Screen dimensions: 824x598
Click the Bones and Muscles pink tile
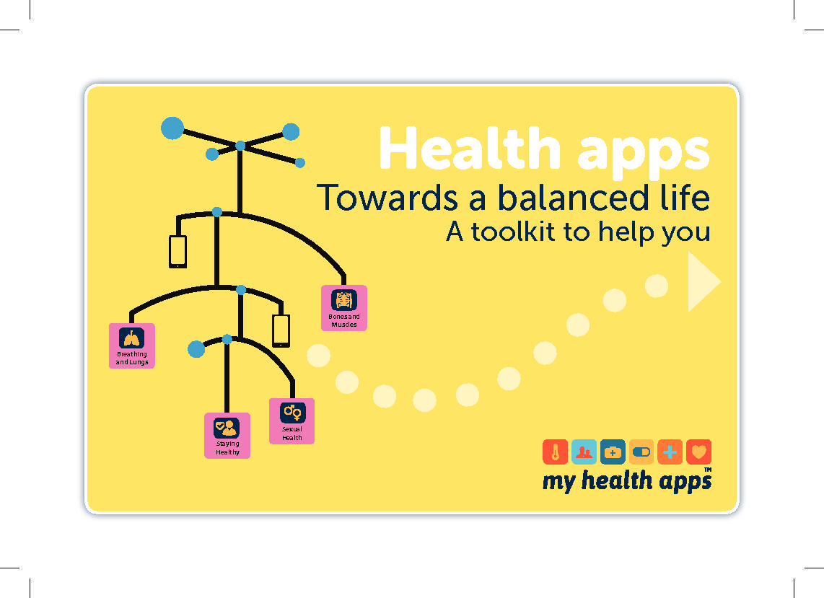coord(343,308)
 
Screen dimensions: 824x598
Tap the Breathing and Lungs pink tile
coord(132,346)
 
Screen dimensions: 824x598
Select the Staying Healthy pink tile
coord(227,436)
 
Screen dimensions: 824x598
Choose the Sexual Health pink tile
coord(292,421)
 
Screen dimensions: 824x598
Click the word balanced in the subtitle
coord(572,198)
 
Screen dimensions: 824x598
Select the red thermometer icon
coord(556,452)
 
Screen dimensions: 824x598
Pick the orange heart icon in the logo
coord(699,452)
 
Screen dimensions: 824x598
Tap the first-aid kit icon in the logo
coord(613,452)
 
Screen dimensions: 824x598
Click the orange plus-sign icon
coord(670,452)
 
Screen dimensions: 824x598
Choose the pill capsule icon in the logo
coord(641,452)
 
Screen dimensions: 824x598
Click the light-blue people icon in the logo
coord(584,452)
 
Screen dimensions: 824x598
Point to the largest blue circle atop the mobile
coord(172,128)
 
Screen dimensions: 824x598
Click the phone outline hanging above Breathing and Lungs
coord(177,252)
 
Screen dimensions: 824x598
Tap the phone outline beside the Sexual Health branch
coord(281,331)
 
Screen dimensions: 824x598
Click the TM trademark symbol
coord(708,470)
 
